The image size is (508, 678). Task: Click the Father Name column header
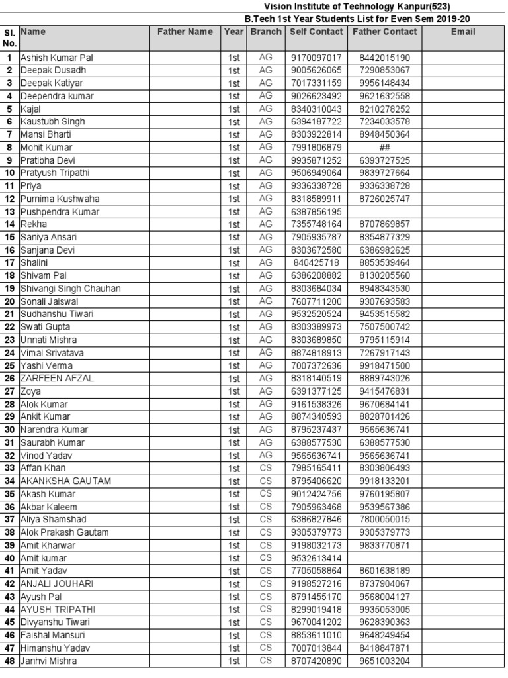(x=185, y=32)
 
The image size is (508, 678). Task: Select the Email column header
(x=463, y=32)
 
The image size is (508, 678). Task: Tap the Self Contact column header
(x=317, y=32)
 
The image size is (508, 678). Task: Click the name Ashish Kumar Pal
(x=57, y=58)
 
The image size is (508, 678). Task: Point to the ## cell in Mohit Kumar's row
(x=385, y=148)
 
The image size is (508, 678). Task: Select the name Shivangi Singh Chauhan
(x=71, y=289)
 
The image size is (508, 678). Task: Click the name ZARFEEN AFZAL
(x=57, y=378)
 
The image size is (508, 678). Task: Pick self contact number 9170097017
(x=317, y=58)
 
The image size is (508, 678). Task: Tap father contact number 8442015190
(x=385, y=58)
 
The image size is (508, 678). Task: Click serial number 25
(x=10, y=365)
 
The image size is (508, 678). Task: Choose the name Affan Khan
(x=44, y=468)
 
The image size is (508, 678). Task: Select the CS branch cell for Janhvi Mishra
(x=266, y=661)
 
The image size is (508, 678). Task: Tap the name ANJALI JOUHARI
(x=57, y=584)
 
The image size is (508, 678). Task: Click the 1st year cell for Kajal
(x=233, y=109)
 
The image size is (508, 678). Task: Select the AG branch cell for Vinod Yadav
(x=266, y=456)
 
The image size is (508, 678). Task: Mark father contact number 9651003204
(x=385, y=661)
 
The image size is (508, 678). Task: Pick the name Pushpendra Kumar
(x=60, y=212)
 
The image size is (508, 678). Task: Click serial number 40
(x=10, y=558)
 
